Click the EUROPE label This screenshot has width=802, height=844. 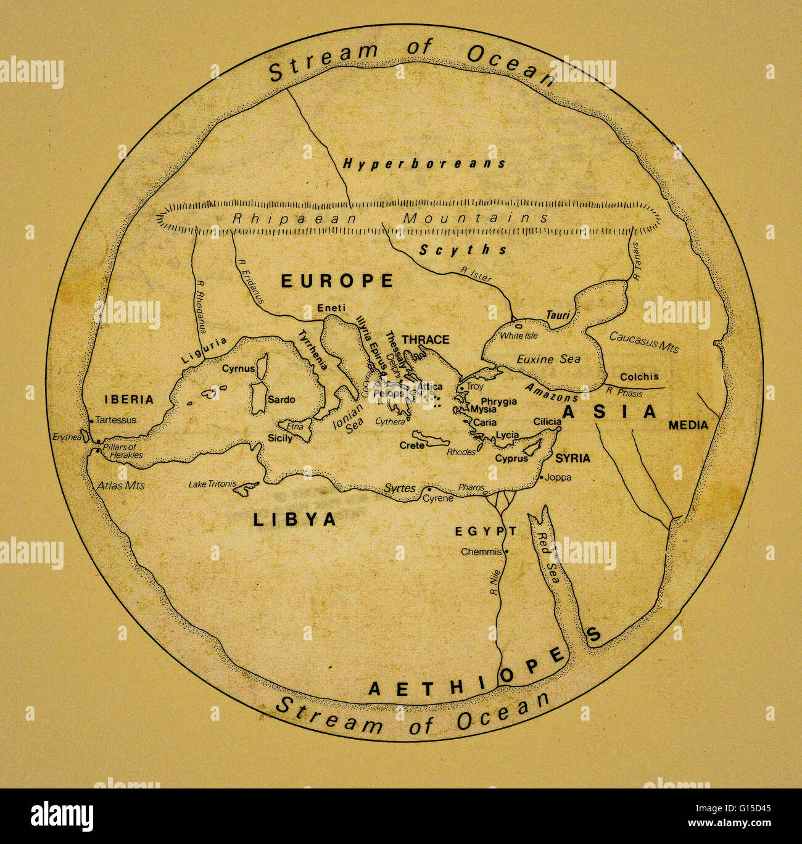pyautogui.click(x=337, y=281)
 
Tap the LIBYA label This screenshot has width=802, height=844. pyautogui.click(x=295, y=519)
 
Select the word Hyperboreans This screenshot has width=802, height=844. pyautogui.click(x=424, y=163)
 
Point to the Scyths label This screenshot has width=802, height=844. pyautogui.click(x=463, y=250)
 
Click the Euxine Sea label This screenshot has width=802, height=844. pyautogui.click(x=548, y=359)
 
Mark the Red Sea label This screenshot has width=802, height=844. pyautogui.click(x=549, y=558)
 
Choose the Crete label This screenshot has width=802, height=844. pyautogui.click(x=411, y=445)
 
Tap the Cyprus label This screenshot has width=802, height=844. pyautogui.click(x=511, y=458)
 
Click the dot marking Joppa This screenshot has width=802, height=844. pyautogui.click(x=542, y=478)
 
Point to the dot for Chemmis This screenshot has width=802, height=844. pyautogui.click(x=506, y=552)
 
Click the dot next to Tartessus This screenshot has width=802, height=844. pyautogui.click(x=92, y=421)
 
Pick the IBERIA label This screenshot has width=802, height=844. pyautogui.click(x=129, y=400)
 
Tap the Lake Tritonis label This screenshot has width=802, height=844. pyautogui.click(x=212, y=484)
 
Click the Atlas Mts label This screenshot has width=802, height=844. pyautogui.click(x=121, y=486)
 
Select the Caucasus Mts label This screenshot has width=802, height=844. pyautogui.click(x=643, y=342)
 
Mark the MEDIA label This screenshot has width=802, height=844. pyautogui.click(x=688, y=425)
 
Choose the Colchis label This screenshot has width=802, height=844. pyautogui.click(x=639, y=376)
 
